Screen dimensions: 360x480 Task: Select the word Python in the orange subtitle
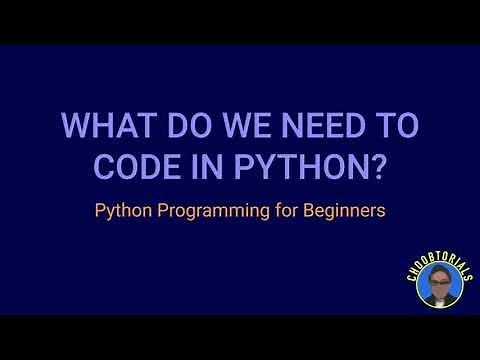(120, 212)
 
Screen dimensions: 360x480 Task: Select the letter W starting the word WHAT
(74, 128)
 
